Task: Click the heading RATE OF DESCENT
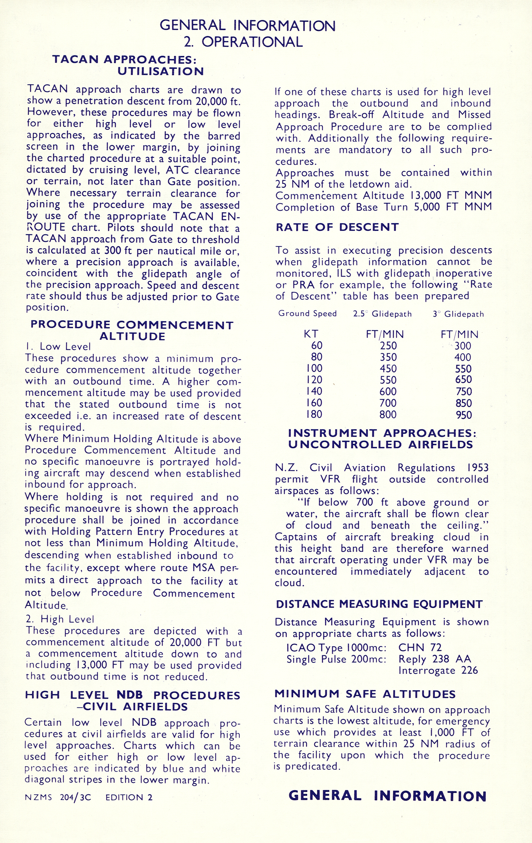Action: click(x=337, y=227)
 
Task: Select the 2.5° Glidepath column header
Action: click(x=382, y=314)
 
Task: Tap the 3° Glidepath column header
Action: click(x=458, y=314)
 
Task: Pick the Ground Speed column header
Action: click(x=307, y=313)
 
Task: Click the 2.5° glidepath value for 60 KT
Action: click(x=388, y=346)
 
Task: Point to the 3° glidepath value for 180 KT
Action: click(x=464, y=415)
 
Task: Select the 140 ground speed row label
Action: click(x=314, y=391)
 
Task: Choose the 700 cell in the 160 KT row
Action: click(x=388, y=403)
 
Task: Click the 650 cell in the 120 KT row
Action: click(x=464, y=380)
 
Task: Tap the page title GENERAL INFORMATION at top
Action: click(x=247, y=26)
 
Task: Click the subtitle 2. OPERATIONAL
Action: click(x=243, y=42)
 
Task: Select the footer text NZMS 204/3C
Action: click(x=58, y=797)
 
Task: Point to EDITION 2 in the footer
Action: click(x=129, y=797)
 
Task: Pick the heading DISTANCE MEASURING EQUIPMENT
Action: click(x=379, y=604)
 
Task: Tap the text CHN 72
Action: click(x=420, y=648)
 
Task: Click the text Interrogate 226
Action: click(x=438, y=670)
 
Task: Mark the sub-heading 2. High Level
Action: click(x=60, y=619)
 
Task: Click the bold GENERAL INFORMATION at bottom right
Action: click(x=387, y=796)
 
